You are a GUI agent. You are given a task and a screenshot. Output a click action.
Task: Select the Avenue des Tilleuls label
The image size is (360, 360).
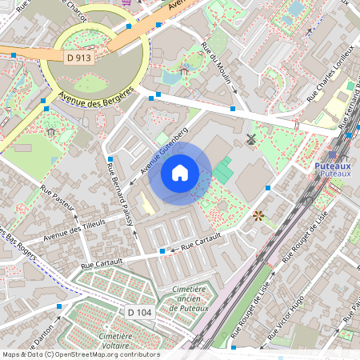coord(74,233)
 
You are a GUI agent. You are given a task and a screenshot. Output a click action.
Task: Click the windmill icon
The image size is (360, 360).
coord(250,139)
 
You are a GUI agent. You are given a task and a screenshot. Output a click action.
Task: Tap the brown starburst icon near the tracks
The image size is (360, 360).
coord(258,215)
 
